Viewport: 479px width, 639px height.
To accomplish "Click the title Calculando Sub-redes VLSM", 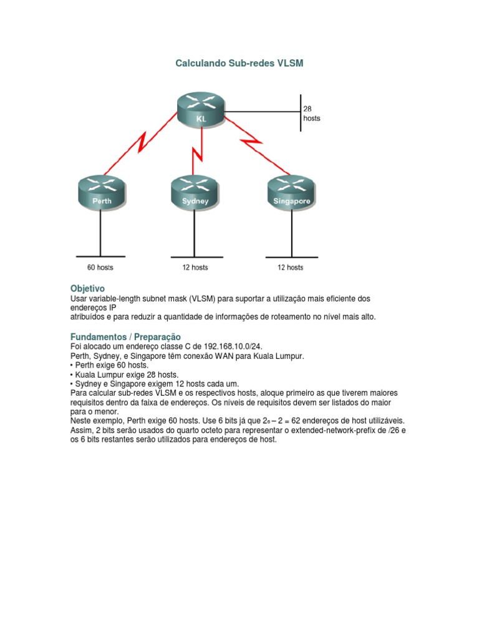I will pyautogui.click(x=239, y=64).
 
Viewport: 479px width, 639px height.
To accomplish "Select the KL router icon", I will pyautogui.click(x=200, y=110).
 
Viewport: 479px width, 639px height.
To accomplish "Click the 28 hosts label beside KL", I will pyautogui.click(x=311, y=113).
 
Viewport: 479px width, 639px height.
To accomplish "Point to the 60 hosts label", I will pyautogui.click(x=100, y=268).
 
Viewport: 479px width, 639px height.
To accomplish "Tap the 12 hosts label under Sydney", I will pyautogui.click(x=195, y=268).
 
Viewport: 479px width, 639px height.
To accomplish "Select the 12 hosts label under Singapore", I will pyautogui.click(x=290, y=268).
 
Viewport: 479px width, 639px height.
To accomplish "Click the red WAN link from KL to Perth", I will pyautogui.click(x=140, y=144).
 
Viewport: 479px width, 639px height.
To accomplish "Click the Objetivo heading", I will pyautogui.click(x=87, y=289).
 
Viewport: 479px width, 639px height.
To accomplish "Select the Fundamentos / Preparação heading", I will pyautogui.click(x=125, y=337).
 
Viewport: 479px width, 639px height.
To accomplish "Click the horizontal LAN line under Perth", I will pyautogui.click(x=100, y=256).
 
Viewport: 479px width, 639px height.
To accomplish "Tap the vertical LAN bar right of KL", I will pyautogui.click(x=301, y=113).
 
